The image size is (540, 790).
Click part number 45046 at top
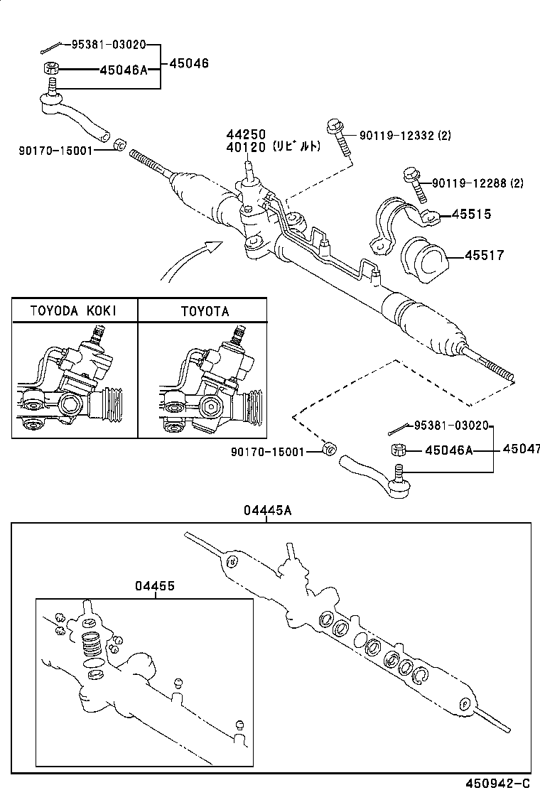tap(189, 63)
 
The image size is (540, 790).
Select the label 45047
tap(521, 449)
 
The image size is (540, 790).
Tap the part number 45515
tap(467, 215)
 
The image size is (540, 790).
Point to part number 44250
tap(246, 134)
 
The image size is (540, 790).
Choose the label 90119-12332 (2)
tap(405, 135)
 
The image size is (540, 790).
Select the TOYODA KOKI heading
tap(74, 311)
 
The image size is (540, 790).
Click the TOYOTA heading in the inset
tap(205, 311)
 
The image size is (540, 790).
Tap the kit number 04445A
tap(267, 511)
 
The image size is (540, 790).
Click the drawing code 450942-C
tap(497, 783)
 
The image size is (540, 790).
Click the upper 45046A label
tap(123, 70)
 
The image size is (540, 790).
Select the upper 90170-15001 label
tap(56, 150)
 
